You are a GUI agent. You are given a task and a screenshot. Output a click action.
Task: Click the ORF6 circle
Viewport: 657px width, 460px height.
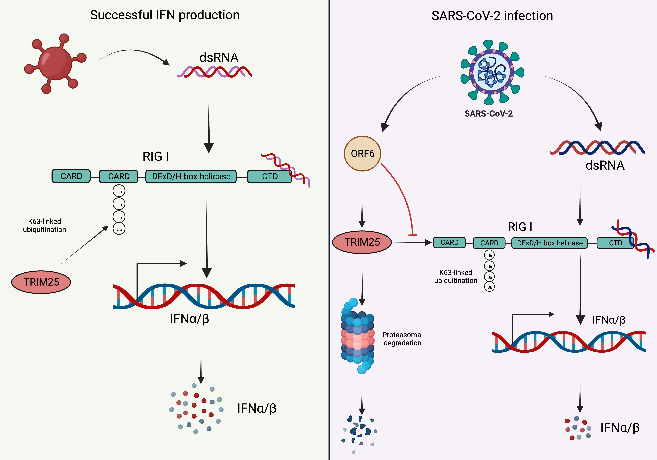pyautogui.click(x=362, y=154)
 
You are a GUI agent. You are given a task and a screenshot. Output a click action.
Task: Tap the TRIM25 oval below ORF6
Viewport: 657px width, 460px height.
pyautogui.click(x=362, y=242)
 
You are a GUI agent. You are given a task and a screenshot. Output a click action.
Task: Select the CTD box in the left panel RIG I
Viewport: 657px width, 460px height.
pyautogui.click(x=270, y=176)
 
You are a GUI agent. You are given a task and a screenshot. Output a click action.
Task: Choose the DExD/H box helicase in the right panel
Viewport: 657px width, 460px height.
pyautogui.click(x=549, y=243)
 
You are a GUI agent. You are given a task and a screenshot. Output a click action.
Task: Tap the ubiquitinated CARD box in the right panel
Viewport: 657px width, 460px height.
pyautogui.click(x=489, y=243)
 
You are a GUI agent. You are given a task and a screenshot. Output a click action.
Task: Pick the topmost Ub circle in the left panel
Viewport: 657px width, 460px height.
pyautogui.click(x=119, y=191)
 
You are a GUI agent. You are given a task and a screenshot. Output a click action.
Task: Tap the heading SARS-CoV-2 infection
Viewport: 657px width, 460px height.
pyautogui.click(x=492, y=16)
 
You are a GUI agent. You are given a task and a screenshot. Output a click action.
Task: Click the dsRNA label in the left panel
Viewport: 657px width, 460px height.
pyautogui.click(x=219, y=57)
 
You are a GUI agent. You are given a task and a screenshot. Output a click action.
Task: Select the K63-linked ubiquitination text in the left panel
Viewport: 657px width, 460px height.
pyautogui.click(x=45, y=225)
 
